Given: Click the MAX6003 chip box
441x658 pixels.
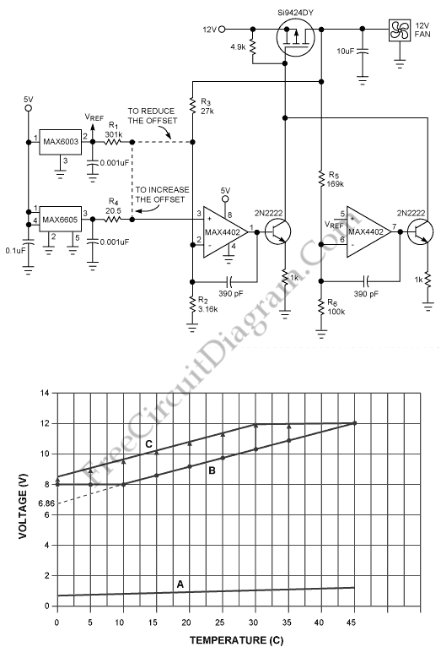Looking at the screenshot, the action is tap(61, 142).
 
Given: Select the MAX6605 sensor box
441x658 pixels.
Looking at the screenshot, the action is tap(61, 219).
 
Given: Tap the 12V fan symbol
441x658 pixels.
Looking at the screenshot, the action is tap(400, 30).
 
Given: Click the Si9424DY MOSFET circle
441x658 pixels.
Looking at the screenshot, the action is tap(296, 38).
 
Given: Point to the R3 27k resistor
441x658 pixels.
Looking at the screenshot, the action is tap(192, 106).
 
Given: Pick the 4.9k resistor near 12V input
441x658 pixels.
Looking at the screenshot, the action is tap(252, 47).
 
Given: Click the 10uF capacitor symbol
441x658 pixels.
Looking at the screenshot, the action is tap(363, 52).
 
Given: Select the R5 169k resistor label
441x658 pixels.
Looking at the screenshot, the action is tap(336, 179).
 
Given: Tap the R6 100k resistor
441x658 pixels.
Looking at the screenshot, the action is tap(321, 307).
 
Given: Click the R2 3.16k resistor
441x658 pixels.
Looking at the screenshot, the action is tap(192, 304).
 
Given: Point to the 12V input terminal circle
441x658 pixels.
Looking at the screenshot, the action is tap(222, 30).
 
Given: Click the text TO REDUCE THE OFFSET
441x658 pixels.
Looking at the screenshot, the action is tap(153, 116).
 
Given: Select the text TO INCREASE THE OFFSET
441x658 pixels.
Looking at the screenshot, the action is tap(162, 195).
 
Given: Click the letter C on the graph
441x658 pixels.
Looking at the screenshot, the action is tap(148, 444).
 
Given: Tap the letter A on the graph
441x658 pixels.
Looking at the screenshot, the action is tap(180, 585).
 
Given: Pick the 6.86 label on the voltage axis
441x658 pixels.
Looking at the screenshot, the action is tap(46, 503).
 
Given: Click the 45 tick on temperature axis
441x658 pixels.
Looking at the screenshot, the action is tap(352, 623).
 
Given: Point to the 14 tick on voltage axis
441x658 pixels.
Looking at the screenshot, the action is tap(45, 394).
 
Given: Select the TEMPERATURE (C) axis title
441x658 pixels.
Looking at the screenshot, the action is tap(237, 640).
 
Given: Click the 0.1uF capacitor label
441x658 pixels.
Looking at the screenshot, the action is tap(15, 251).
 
